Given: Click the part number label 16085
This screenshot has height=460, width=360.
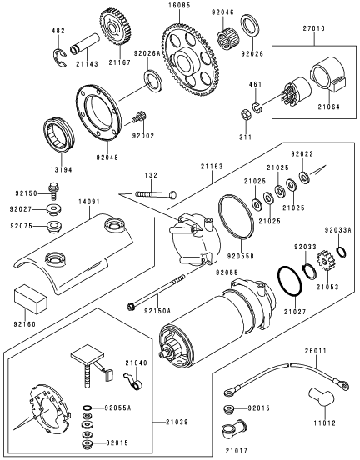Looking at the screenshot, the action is pos(179,5).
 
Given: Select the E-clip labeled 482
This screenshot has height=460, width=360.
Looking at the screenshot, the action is pos(60,57).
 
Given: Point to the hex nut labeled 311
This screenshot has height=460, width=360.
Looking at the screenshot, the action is pos(246,114).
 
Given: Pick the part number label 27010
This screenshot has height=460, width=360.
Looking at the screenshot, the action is pos(313,28).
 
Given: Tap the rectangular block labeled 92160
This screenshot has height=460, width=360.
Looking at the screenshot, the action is pos(31,298).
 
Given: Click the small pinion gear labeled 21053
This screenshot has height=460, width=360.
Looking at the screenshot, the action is pos(324,260).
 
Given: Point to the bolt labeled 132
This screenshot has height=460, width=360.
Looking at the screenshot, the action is pos(156,194).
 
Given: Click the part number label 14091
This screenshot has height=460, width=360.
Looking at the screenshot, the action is pos(89,202).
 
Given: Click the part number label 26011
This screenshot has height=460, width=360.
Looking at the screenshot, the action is pos(315,351).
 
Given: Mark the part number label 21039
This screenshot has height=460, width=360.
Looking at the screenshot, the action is pos(177,422).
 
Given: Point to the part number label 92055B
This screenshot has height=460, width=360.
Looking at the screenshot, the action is pos(240,257).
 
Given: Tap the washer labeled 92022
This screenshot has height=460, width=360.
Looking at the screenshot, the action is pos(304,177).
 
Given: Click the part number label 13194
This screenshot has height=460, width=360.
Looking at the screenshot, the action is pos(61,169).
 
